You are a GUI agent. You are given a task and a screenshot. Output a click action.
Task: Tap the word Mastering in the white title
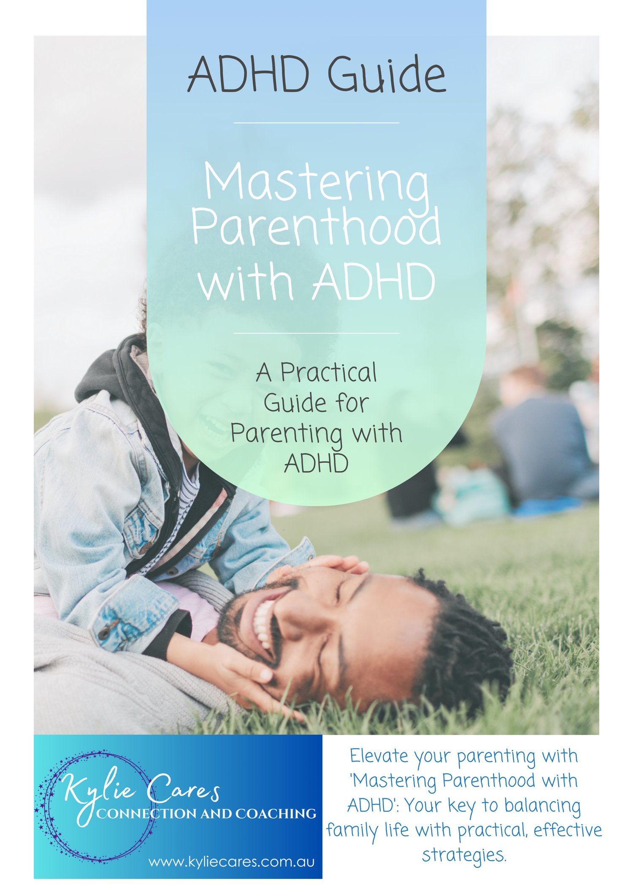316,182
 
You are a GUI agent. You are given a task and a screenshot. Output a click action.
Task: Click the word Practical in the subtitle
328,373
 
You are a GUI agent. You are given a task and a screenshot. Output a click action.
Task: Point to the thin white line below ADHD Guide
316,123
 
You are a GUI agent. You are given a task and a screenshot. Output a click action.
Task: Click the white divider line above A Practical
316,333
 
